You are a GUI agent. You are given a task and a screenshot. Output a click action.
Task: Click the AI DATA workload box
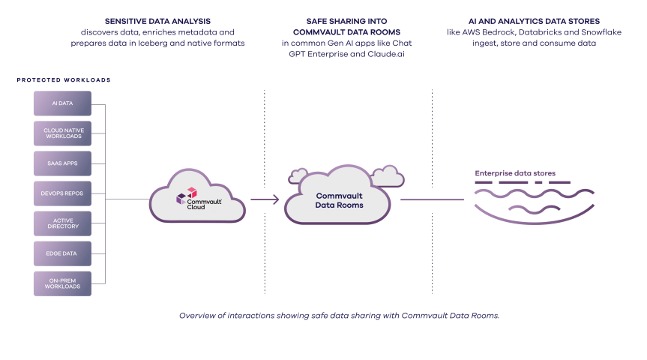63,103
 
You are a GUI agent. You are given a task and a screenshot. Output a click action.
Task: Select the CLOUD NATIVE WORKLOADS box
63,133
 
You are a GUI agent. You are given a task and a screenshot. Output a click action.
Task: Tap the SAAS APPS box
63,163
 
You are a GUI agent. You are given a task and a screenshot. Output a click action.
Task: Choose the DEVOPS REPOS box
63,193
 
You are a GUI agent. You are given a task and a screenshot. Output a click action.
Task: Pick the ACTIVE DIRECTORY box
63,223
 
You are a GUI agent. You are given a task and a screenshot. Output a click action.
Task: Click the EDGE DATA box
63,253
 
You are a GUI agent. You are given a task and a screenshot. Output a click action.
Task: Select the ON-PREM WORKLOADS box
63,283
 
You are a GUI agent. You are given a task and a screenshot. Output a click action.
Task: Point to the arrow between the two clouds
265,199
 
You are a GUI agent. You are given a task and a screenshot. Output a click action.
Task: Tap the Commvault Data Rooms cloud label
339,200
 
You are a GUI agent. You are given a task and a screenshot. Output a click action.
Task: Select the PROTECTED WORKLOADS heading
64,79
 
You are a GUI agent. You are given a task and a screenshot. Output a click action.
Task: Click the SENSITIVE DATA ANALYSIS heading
158,21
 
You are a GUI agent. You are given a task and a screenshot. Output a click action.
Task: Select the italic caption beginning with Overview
339,315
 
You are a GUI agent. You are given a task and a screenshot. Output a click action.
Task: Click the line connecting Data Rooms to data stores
432,199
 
